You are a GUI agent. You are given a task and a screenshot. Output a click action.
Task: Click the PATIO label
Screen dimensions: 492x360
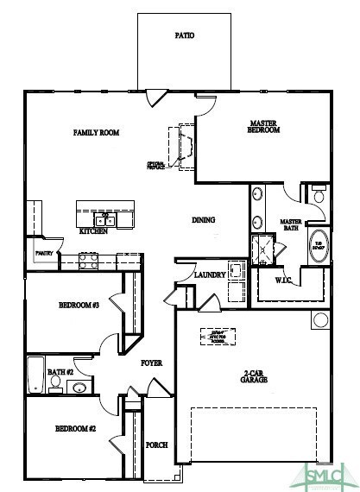183,36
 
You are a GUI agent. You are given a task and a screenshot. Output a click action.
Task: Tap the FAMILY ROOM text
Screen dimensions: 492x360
96,133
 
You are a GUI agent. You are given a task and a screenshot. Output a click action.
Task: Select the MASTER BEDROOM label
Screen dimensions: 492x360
262,129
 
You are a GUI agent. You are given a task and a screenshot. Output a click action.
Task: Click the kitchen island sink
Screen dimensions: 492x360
106,218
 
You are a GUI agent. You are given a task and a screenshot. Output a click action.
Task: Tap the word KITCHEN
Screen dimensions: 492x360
93,231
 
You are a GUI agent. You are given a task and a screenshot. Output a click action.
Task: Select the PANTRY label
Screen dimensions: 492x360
43,254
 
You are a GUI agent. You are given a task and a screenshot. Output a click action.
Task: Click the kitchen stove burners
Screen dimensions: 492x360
88,257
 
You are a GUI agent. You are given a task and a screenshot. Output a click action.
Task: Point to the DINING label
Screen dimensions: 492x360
203,220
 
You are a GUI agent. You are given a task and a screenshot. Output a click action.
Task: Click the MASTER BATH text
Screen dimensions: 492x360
291,226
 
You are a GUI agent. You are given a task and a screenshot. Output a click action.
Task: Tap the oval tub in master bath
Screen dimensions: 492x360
318,245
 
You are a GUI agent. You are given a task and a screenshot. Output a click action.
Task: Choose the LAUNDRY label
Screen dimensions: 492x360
210,275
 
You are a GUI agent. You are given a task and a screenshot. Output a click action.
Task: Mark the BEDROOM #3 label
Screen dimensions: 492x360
79,306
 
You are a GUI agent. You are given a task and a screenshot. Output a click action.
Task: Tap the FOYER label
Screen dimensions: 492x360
152,363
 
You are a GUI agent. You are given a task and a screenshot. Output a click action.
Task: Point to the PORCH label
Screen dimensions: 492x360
156,445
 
